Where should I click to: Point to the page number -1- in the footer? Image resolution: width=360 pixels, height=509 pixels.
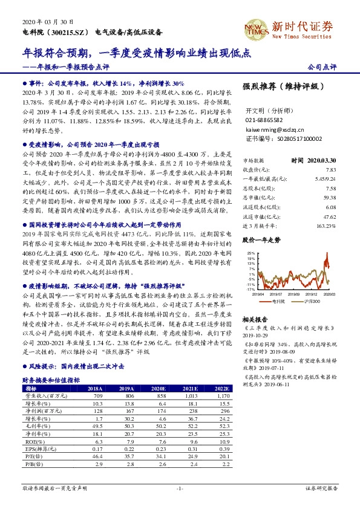[180, 488]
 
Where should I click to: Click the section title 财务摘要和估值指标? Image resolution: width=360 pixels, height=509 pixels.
[51, 380]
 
